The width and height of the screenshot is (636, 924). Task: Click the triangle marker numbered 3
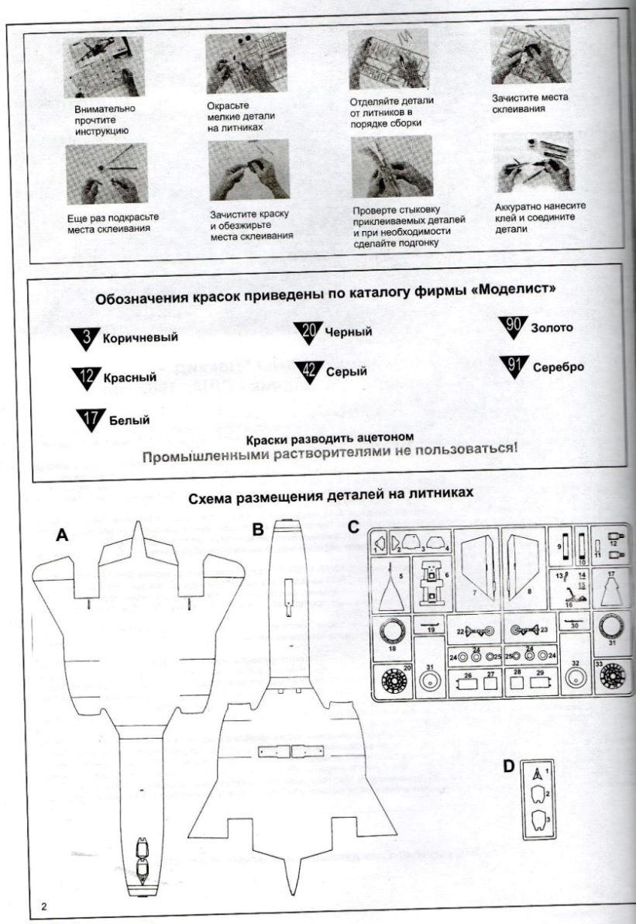86,338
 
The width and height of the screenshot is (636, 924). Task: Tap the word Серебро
558,367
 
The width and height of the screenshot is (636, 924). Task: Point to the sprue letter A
63,535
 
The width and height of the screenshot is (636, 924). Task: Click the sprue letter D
509,766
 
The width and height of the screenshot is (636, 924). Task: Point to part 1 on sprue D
539,773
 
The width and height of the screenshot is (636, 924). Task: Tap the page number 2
44,907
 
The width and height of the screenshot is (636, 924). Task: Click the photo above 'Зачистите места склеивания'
531,58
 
